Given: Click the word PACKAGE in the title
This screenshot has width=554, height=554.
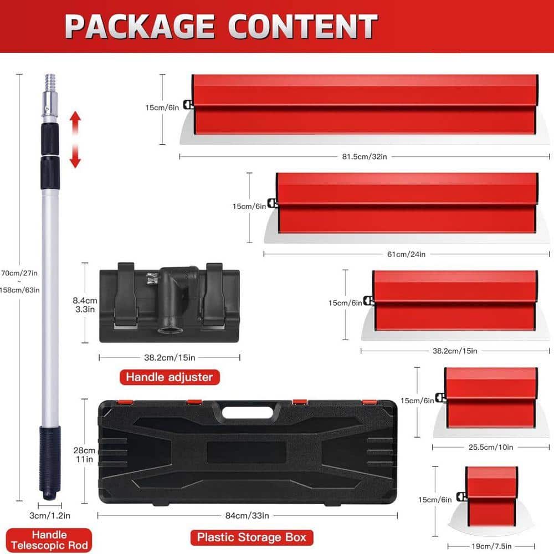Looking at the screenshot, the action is point(140,27).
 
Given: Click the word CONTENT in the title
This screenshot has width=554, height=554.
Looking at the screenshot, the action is point(303,27).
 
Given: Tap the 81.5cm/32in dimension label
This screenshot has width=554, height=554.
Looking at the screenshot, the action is point(365,157).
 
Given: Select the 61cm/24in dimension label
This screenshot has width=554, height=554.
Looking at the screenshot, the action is point(406,254).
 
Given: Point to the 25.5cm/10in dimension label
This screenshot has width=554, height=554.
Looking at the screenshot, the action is point(491,447).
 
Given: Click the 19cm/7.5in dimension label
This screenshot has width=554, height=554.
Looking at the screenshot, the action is point(491,546).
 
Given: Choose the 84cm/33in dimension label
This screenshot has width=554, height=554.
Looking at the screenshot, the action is point(247,516).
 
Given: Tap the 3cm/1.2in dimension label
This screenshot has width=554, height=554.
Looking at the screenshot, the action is point(50,516).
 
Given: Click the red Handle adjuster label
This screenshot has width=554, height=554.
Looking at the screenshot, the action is point(170,377).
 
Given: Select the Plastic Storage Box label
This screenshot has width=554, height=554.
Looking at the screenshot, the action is point(252,537).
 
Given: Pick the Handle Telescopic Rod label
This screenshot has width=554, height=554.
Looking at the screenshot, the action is point(49,540).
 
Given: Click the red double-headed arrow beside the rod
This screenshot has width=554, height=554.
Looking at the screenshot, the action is point(75,139).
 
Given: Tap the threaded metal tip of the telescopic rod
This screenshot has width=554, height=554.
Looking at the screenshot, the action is point(50,83).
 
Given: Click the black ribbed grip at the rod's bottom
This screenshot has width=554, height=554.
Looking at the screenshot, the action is point(49,463).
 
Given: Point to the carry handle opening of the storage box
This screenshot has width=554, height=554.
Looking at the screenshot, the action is point(248,412).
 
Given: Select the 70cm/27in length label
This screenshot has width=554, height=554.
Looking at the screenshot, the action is point(19,273).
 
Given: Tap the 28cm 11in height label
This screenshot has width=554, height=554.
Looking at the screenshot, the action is point(84,455).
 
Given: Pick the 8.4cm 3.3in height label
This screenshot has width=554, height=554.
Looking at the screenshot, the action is point(85,305).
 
